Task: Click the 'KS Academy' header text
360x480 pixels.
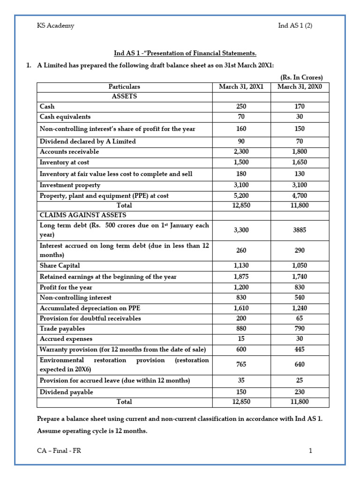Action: (55, 26)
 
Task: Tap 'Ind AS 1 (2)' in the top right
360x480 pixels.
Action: (295, 26)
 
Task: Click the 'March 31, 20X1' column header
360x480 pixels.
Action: (241, 87)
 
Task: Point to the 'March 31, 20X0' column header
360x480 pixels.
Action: (300, 87)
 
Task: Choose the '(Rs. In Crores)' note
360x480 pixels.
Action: (301, 77)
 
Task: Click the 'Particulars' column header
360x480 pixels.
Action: (124, 87)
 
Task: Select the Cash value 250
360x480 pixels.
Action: (241, 107)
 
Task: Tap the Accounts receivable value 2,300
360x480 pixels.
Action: (241, 152)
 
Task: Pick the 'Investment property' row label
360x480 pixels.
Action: (70, 185)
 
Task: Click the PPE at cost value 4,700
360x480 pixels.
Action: (300, 195)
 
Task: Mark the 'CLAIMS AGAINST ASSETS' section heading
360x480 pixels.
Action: (83, 215)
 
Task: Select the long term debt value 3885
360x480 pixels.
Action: (300, 230)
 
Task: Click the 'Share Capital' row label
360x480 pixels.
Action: (60, 266)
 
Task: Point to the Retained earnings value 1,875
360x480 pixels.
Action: (241, 277)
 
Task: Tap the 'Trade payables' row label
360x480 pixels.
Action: (62, 329)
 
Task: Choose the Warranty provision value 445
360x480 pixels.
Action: (300, 349)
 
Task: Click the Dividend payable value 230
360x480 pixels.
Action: (300, 392)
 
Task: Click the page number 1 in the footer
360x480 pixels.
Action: (310, 451)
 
